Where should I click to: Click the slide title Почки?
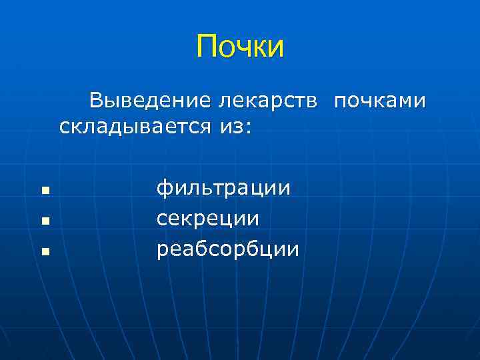[x=240, y=47]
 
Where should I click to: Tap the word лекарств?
[x=271, y=101]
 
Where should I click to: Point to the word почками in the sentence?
[x=379, y=101]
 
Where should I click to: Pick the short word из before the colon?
[x=231, y=126]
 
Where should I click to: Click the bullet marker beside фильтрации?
[x=45, y=191]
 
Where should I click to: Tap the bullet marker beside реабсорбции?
[x=45, y=251]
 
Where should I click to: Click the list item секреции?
[x=207, y=219]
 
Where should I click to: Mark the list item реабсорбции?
[x=227, y=249]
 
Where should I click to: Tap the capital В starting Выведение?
[x=97, y=101]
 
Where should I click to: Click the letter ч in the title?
[x=241, y=48]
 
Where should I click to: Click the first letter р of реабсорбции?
[x=162, y=251]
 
